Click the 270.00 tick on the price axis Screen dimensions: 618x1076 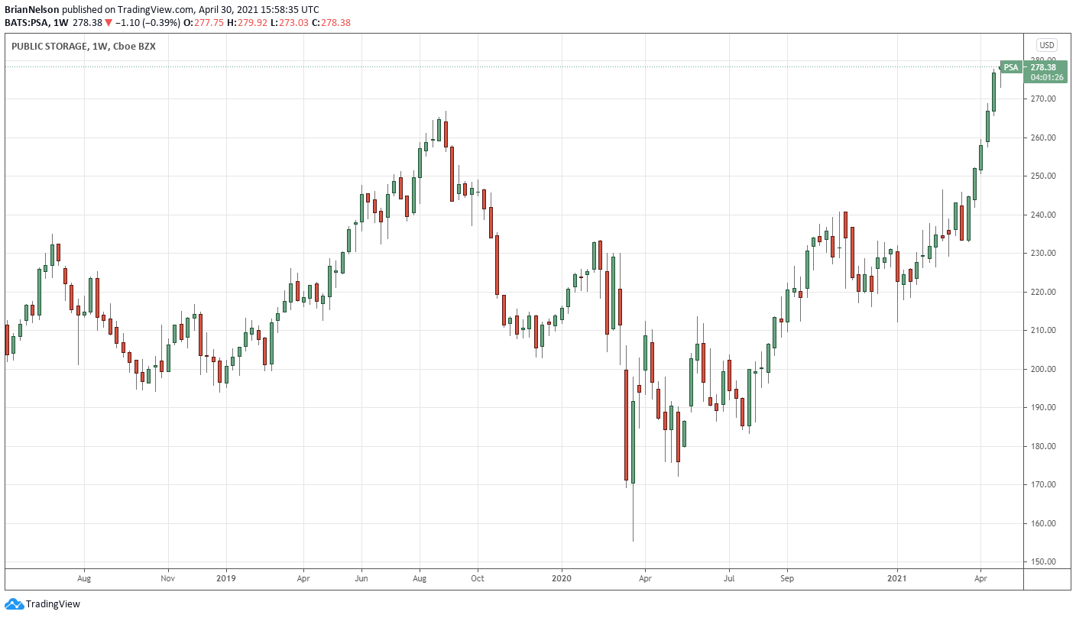coord(1042,99)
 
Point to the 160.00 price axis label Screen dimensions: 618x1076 coord(1042,523)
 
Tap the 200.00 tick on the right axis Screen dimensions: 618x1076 coord(1042,369)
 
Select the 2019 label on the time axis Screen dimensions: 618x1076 coord(225,579)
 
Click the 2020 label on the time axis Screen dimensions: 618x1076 coord(562,579)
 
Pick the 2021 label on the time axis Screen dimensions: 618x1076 coord(896,579)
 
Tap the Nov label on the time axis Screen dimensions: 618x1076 coord(168,579)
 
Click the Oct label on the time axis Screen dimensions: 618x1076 coord(477,579)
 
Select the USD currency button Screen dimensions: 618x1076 coord(1045,44)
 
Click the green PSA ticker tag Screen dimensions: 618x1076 coord(1011,67)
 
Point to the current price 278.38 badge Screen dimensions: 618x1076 coord(1043,67)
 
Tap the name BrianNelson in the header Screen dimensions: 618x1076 coord(32,9)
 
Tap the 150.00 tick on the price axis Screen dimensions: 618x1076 coord(1042,561)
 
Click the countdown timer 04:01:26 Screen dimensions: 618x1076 coord(1043,77)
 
